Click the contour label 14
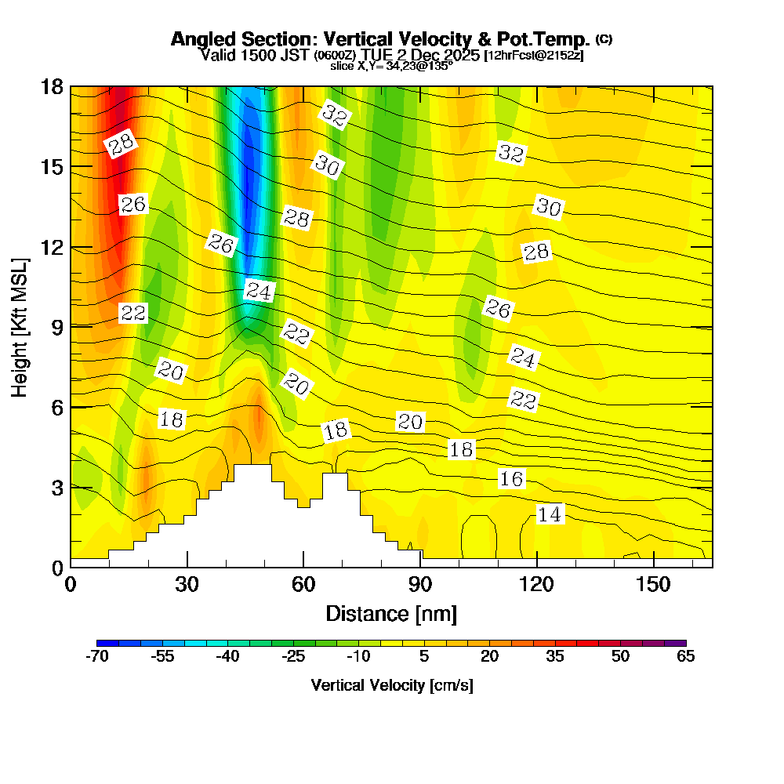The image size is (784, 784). click(x=550, y=514)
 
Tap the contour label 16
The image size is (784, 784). click(x=511, y=479)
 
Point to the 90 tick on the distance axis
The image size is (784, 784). click(x=421, y=566)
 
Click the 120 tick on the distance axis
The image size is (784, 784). click(x=537, y=566)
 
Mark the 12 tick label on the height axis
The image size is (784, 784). click(x=52, y=247)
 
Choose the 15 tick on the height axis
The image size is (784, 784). click(x=71, y=167)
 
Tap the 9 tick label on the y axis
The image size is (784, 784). click(x=56, y=327)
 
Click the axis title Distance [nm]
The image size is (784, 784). click(x=391, y=613)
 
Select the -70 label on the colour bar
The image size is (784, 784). click(x=96, y=657)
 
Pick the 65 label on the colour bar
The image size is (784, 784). click(x=686, y=657)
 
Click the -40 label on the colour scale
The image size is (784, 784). click(x=227, y=657)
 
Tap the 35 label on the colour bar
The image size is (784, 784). click(x=555, y=657)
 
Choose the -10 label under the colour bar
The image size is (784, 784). click(x=358, y=657)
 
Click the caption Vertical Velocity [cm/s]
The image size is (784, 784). click(x=391, y=685)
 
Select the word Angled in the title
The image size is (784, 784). click(x=198, y=39)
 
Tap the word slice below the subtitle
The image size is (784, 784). click(x=342, y=67)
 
